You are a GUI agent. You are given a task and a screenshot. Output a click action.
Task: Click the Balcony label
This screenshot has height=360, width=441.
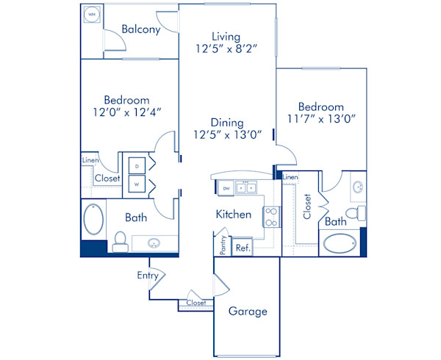click(141, 29)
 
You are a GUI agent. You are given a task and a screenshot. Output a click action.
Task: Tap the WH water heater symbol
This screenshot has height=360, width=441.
click(92, 15)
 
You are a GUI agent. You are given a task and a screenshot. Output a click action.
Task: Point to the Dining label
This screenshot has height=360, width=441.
click(227, 123)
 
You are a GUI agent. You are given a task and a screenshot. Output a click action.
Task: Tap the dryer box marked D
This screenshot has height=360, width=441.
click(137, 165)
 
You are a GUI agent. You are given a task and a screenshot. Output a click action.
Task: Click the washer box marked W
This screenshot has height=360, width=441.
click(137, 184)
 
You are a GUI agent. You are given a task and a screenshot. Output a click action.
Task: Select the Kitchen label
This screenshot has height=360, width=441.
click(234, 215)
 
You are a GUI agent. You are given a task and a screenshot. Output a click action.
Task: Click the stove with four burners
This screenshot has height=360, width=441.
click(270, 215)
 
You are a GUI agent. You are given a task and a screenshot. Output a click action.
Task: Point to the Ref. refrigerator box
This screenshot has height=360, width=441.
click(243, 248)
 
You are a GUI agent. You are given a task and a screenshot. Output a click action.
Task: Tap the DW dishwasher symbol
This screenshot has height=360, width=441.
click(226, 188)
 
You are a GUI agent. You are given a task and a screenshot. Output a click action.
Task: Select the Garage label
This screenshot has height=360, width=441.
click(247, 311)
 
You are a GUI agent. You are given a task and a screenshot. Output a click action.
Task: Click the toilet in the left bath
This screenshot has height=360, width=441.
click(120, 240)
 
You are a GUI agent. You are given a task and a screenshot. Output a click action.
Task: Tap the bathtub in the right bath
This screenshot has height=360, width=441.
click(339, 242)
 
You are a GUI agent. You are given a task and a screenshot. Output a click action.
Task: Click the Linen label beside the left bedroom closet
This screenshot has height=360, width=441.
click(90, 159)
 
